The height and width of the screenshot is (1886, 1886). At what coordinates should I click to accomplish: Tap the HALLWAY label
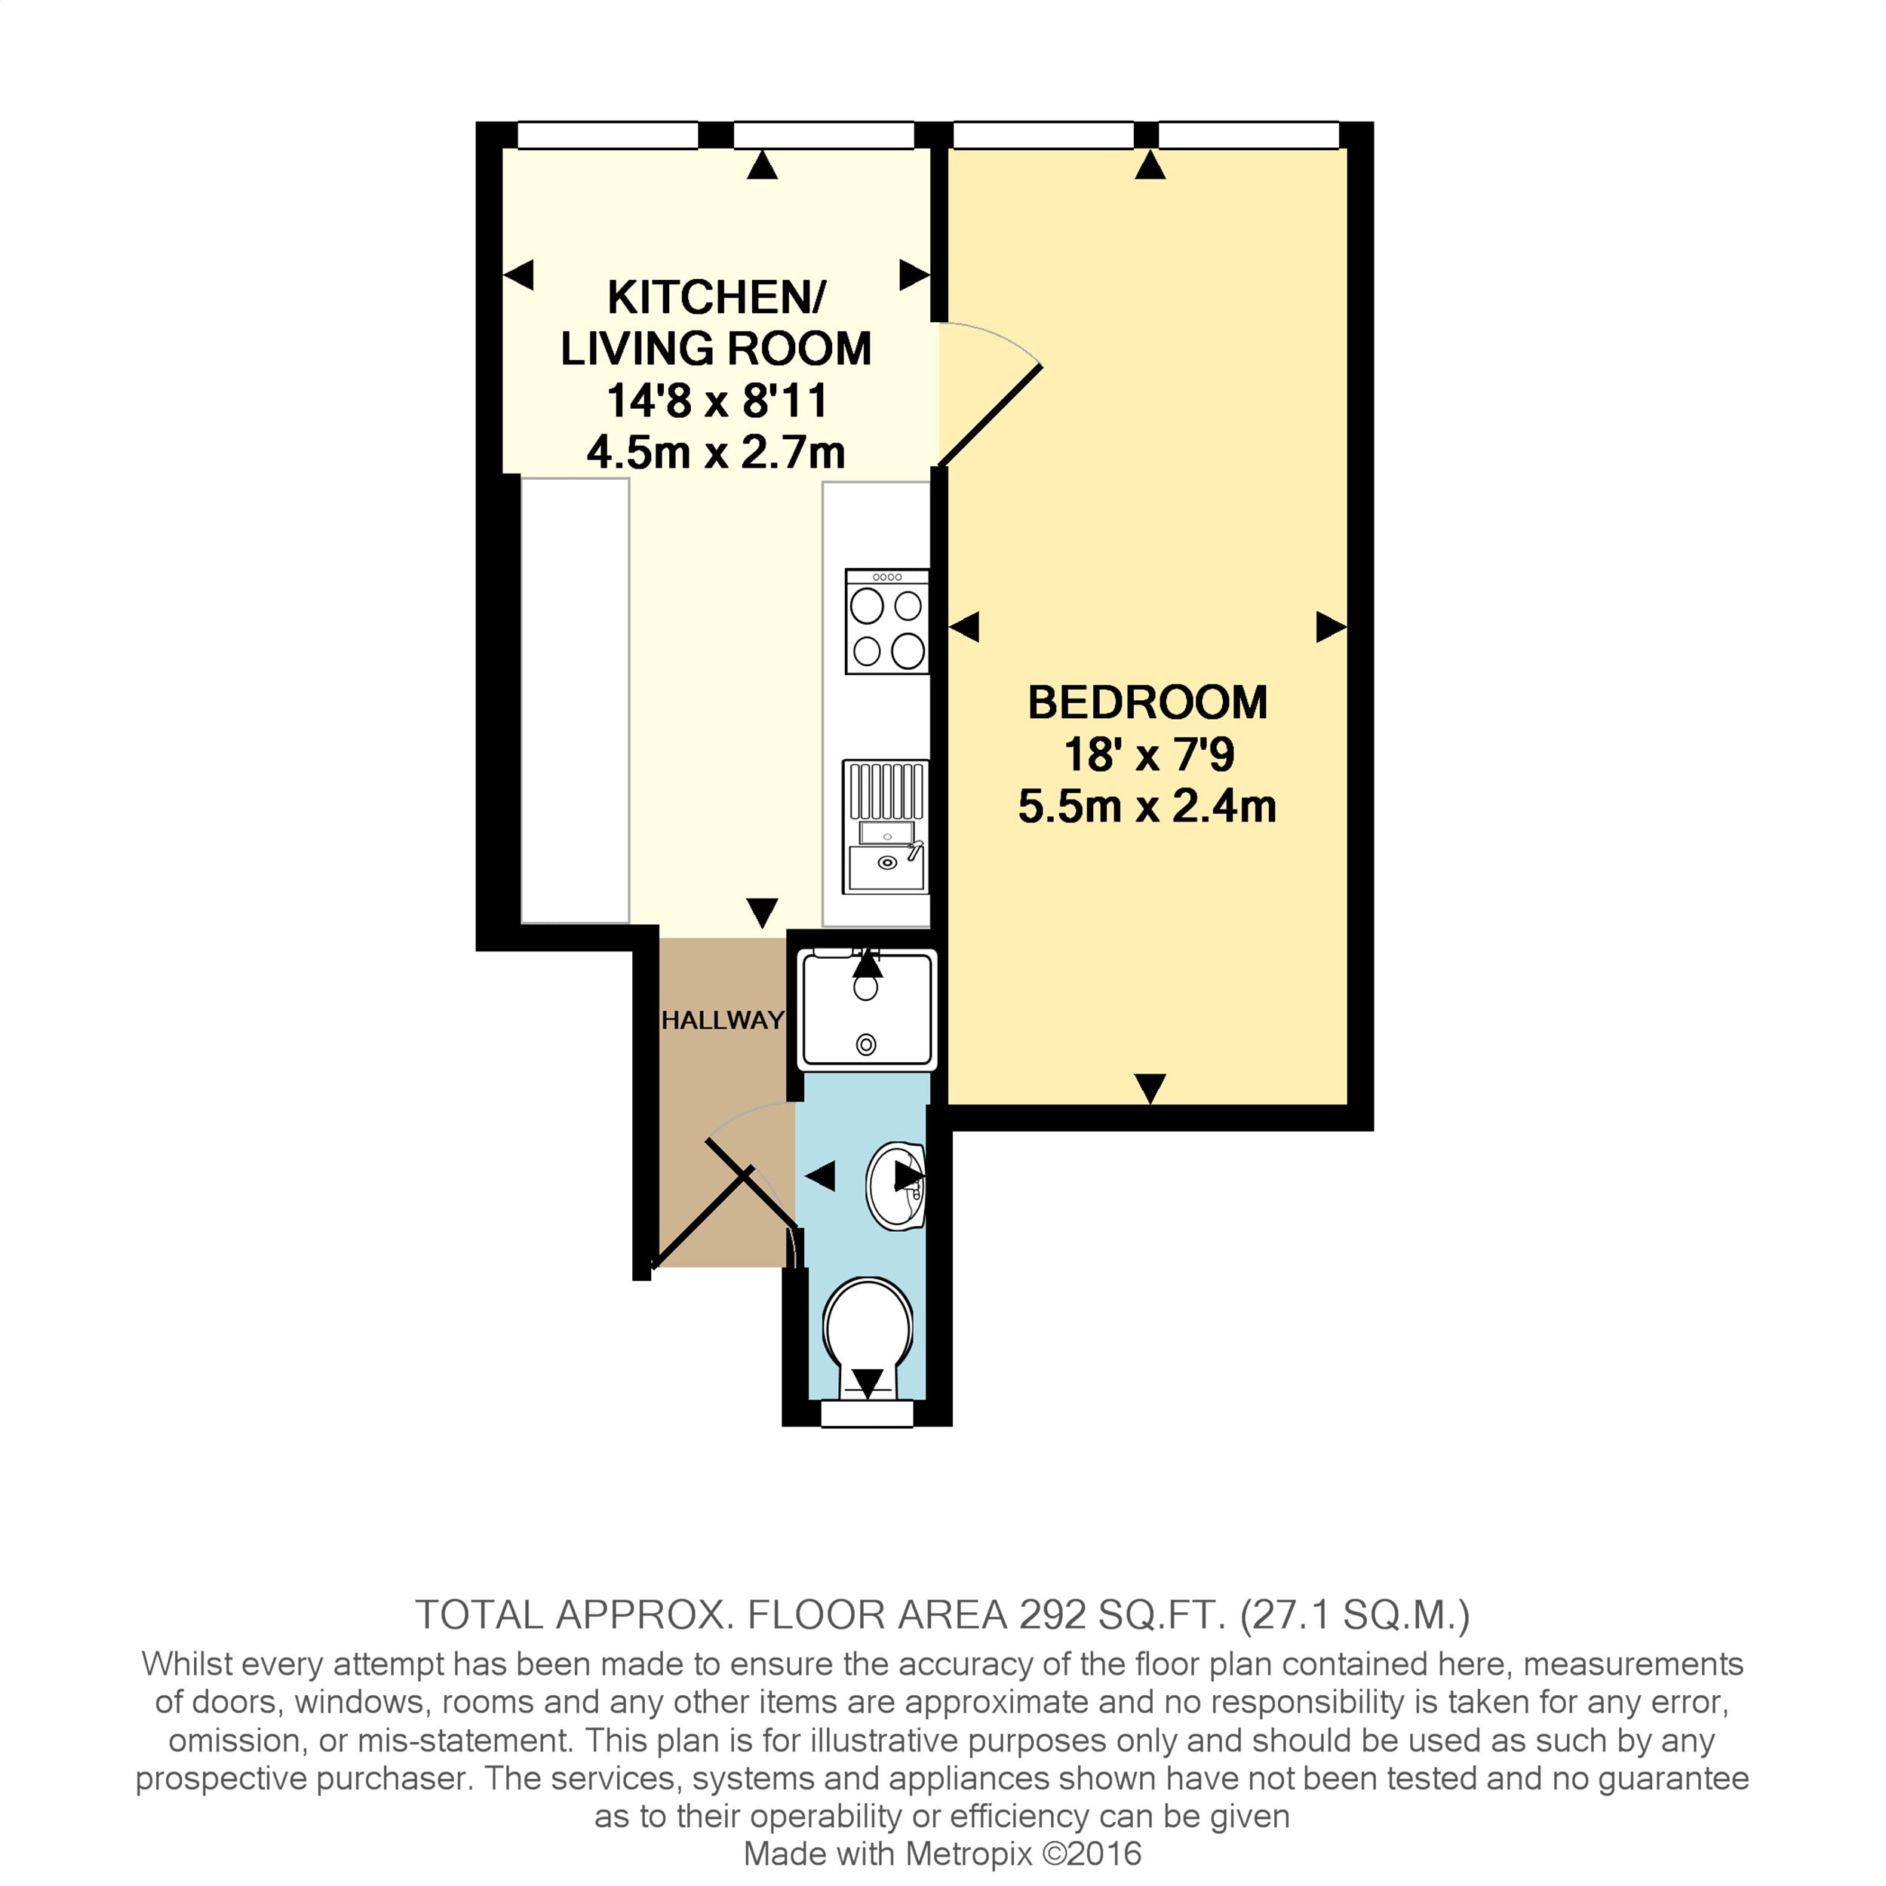point(723,1020)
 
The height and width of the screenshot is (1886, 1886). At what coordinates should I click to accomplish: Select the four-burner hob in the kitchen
point(886,622)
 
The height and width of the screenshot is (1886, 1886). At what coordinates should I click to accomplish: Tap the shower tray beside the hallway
point(867,1009)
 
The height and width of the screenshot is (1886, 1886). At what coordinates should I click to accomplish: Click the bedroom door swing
point(988,395)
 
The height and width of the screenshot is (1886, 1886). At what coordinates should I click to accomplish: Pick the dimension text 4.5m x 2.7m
point(715,453)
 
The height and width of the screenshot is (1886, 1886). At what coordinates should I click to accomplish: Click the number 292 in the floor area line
point(1052,1616)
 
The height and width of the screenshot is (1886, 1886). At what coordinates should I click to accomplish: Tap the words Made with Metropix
point(887,1853)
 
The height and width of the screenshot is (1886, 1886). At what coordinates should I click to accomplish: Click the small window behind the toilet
point(867,1414)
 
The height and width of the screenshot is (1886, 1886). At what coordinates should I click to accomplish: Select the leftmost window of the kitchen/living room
point(607,135)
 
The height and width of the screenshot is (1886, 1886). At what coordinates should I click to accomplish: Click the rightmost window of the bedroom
point(1249,135)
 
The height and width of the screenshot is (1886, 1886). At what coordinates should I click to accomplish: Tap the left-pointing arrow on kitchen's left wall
point(518,275)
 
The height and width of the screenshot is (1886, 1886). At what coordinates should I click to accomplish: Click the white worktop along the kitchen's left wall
point(574,700)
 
